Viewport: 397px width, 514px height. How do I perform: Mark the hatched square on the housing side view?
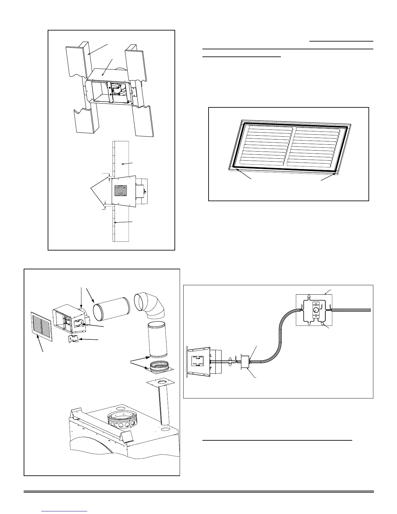point(120,190)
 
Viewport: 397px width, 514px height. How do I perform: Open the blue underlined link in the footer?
point(65,511)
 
